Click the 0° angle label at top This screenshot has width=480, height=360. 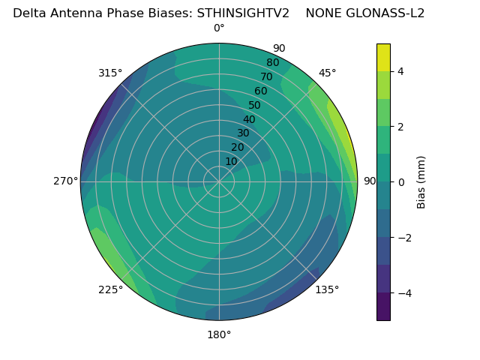point(219,28)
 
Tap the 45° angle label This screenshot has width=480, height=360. point(327,73)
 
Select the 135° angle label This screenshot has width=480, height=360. point(327,289)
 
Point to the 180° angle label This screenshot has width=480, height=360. point(219,334)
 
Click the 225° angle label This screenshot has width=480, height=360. point(110,290)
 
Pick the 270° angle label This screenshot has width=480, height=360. point(65,181)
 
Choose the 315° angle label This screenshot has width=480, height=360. point(110,73)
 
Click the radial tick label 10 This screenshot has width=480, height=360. point(231,161)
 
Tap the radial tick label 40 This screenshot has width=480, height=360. point(249,119)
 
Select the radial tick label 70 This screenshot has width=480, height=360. point(266,76)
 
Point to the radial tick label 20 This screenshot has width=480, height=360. point(237,147)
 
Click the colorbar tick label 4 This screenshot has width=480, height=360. point(401,71)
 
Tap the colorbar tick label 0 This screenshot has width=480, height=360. point(401,182)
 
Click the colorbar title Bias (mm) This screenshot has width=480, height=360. point(421,182)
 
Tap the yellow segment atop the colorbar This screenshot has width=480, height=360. point(383,57)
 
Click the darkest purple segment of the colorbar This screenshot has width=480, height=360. point(383,307)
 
